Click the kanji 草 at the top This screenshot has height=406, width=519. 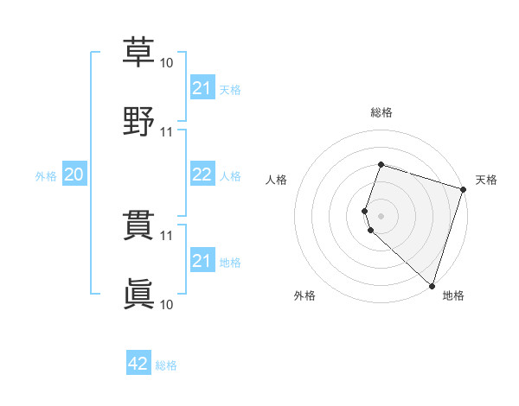138,52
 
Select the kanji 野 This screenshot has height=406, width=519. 138,121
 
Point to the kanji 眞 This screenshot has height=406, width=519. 138,294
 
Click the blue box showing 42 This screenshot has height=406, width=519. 138,364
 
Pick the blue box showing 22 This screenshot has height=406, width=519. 202,174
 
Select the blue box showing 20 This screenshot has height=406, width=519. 74,174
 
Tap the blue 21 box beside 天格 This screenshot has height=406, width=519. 202,88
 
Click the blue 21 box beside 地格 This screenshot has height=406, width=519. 202,261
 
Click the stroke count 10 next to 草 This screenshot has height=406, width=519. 167,63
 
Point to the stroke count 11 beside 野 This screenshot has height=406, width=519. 167,132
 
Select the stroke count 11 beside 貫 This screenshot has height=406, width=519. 167,235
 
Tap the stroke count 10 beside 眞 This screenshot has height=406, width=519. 167,304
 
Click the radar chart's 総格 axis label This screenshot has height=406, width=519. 381,112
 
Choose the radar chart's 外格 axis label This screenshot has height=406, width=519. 304,296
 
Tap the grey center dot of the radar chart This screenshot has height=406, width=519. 381,215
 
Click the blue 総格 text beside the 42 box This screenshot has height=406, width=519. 166,365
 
